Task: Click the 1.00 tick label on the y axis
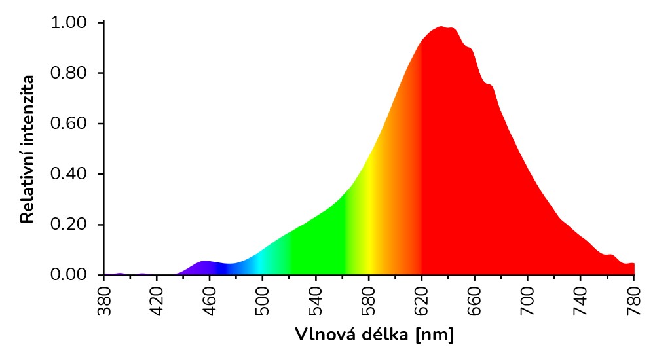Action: [68, 23]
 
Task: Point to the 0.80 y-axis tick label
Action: [68, 73]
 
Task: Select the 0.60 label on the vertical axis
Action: [68, 124]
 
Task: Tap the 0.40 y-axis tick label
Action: [68, 174]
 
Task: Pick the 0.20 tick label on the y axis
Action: [68, 225]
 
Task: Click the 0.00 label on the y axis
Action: [68, 275]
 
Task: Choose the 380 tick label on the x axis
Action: [103, 300]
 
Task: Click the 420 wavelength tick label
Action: [157, 300]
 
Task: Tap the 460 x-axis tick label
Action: [210, 300]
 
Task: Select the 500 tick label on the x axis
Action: [263, 300]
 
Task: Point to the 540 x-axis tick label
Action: [316, 300]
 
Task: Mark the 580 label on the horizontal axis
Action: [369, 300]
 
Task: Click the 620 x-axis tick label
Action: [422, 300]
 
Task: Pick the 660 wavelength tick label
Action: [475, 300]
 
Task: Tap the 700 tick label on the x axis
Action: [528, 300]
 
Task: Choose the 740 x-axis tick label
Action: [581, 300]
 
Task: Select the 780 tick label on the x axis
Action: [634, 300]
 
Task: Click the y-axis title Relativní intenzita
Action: [28, 149]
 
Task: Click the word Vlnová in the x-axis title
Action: [322, 335]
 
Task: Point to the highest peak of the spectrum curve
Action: [442, 27]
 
